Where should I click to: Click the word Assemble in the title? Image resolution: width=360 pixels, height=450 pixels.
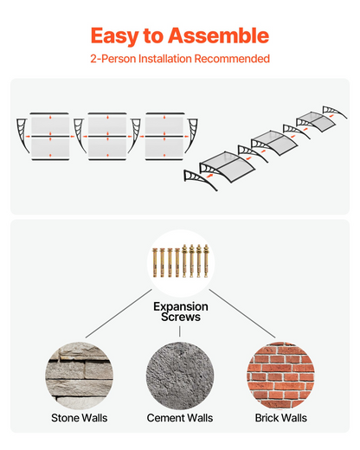tap(218, 35)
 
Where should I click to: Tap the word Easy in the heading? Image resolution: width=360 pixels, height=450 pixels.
tap(115, 36)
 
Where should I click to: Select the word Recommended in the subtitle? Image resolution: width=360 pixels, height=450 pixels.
tap(232, 59)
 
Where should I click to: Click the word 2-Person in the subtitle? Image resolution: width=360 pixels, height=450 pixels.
tap(113, 59)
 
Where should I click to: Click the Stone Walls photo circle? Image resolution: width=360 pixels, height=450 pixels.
tap(79, 376)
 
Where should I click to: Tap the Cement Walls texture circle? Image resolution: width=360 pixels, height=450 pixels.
tap(180, 376)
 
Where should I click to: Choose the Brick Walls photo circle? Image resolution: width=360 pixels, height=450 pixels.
tap(280, 376)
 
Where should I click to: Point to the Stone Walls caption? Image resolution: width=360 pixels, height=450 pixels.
tap(80, 418)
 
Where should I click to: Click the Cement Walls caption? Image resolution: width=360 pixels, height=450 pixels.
tap(180, 418)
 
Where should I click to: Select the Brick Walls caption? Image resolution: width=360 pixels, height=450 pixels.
tap(281, 418)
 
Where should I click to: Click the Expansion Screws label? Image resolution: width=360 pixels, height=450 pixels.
tap(181, 312)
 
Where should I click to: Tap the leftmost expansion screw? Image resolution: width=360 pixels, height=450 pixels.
tap(155, 262)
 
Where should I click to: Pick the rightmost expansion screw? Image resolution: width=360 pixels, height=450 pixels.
tap(206, 260)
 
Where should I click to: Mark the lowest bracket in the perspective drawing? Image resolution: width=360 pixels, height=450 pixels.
tap(198, 179)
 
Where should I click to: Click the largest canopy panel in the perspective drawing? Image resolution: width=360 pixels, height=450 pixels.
tap(228, 166)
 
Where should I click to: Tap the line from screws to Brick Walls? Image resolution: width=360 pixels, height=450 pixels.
tap(242, 313)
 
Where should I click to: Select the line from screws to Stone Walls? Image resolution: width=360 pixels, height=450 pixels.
tap(119, 313)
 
